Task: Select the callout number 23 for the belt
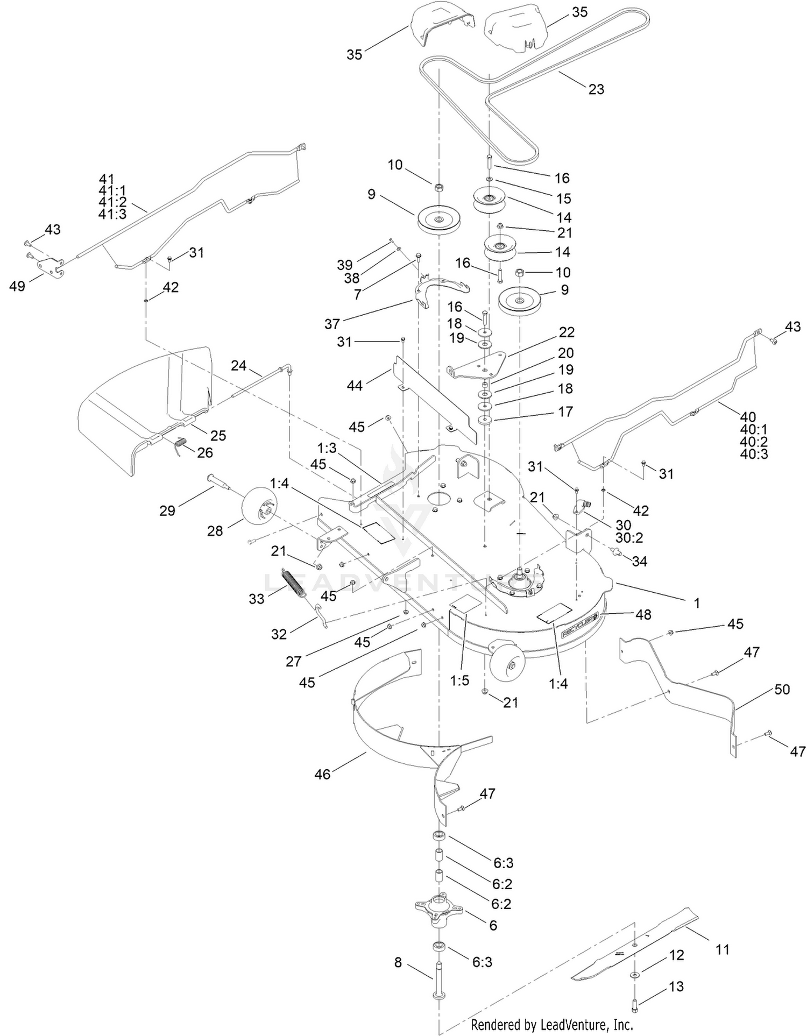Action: (x=596, y=89)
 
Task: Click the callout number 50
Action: (x=782, y=689)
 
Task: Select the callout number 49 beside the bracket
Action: (x=17, y=286)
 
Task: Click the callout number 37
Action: (x=332, y=323)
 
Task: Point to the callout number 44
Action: (x=355, y=385)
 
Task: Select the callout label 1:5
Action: (x=460, y=680)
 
